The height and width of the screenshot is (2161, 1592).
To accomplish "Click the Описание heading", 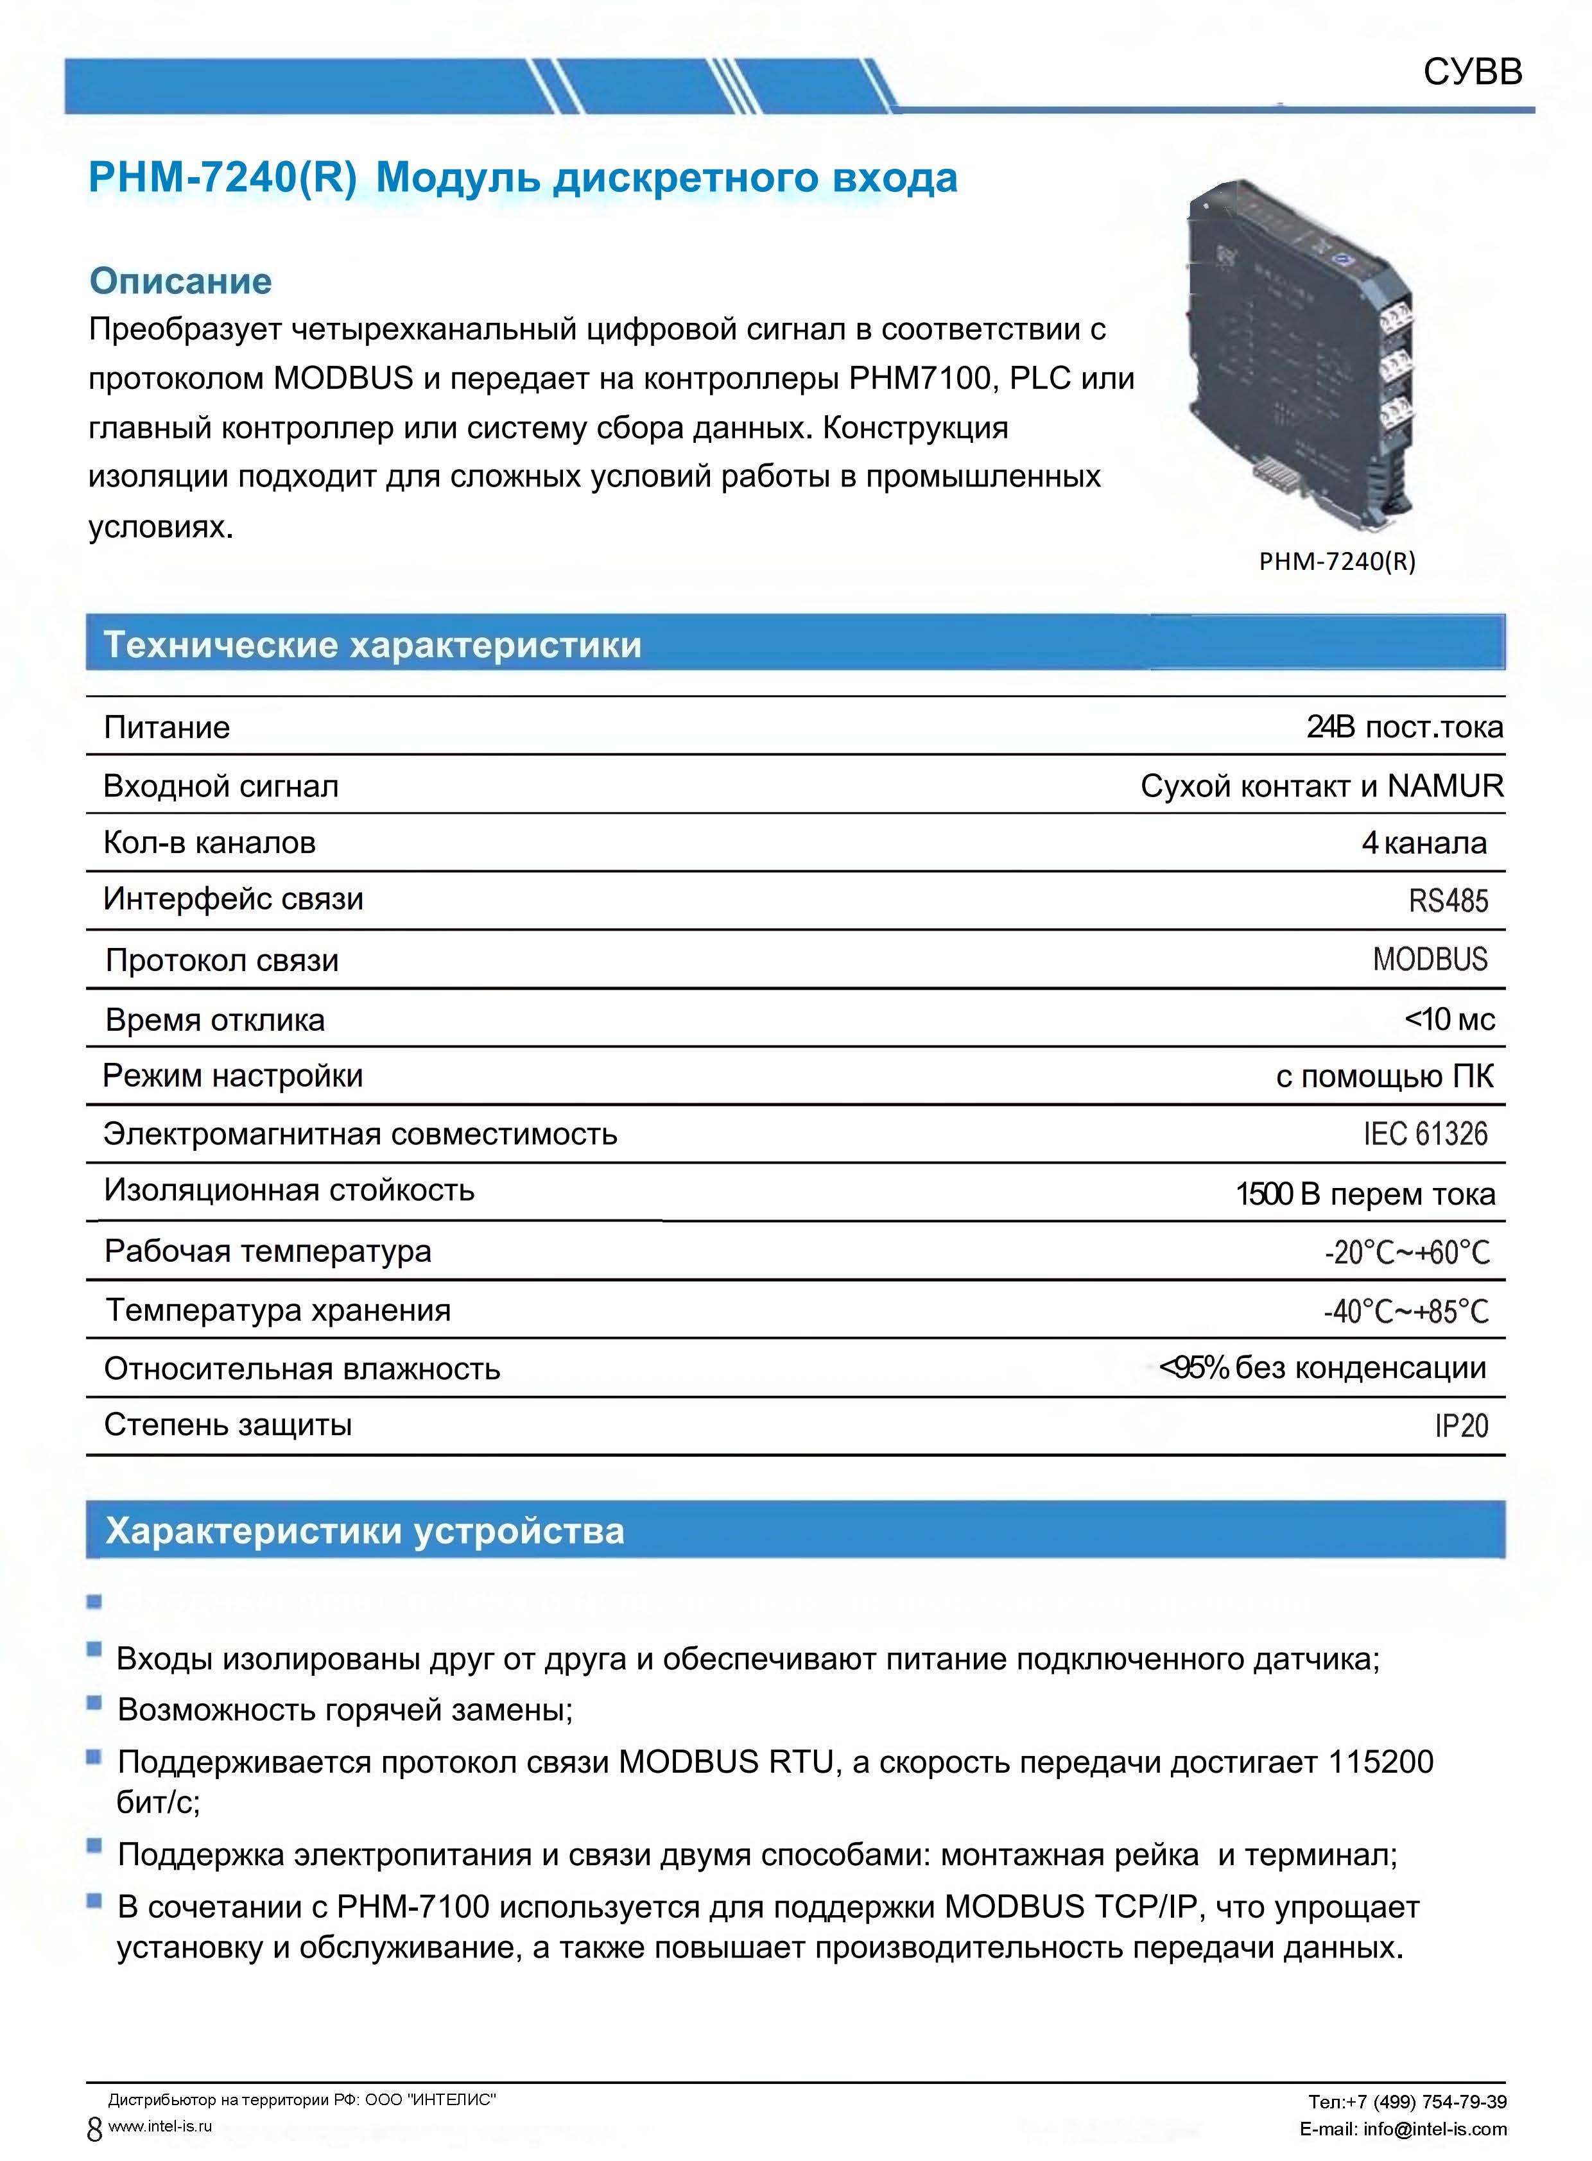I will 180,281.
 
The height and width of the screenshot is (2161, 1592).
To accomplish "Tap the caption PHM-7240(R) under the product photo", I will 1337,562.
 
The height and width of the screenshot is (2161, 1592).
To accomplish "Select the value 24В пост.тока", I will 1404,727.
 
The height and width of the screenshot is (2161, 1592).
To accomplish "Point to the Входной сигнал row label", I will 221,786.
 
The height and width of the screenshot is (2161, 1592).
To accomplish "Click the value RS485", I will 1448,901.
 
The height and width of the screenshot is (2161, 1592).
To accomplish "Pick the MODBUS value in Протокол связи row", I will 1430,960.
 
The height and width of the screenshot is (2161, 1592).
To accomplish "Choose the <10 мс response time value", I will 1449,1019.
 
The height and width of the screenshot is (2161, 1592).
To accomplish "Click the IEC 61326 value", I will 1425,1134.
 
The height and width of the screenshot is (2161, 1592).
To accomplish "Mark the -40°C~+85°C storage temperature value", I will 1406,1311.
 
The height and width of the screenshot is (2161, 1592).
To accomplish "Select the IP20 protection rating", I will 1461,1426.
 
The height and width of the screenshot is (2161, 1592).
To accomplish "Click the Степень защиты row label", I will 227,1425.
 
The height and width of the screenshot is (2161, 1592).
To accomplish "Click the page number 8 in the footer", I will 94,2129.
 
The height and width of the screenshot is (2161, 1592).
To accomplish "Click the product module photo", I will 1301,356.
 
